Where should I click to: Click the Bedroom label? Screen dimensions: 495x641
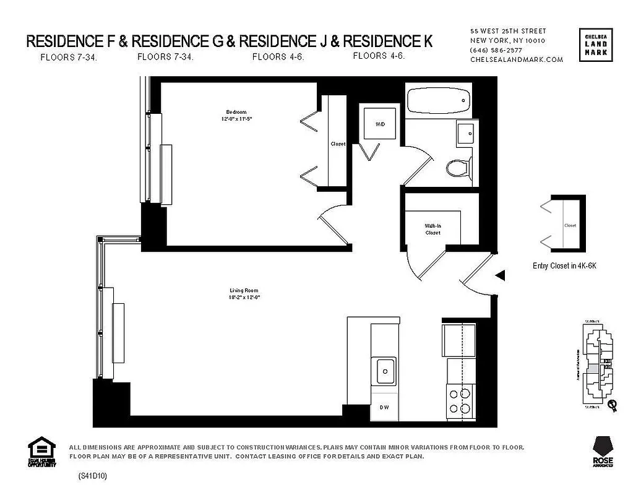coord(232,112)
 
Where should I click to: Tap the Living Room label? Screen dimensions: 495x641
coord(243,290)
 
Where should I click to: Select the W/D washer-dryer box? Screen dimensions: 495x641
coord(380,124)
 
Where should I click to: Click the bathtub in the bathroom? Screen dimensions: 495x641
coord(437,100)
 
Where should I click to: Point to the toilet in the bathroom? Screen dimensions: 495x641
coord(457,167)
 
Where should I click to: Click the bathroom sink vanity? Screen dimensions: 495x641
coord(467,133)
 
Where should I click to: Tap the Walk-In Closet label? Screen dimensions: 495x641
coord(432,230)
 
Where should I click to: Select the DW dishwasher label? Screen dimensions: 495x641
coord(384,408)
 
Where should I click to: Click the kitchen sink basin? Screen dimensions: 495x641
coord(385,371)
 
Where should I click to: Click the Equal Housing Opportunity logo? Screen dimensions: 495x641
coord(42,452)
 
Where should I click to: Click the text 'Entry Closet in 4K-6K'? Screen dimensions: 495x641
coord(564,265)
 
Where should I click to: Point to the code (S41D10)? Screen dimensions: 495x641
coord(93,476)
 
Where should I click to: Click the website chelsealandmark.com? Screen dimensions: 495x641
coord(517,59)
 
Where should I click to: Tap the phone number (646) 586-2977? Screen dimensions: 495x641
coord(496,50)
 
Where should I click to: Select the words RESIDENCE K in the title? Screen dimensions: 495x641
coord(388,41)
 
